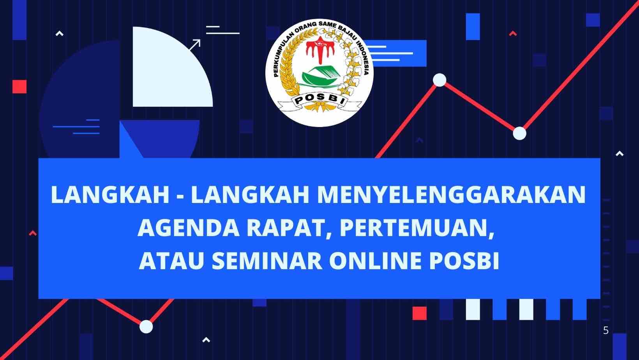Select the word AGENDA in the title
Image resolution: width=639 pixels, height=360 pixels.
(x=189, y=228)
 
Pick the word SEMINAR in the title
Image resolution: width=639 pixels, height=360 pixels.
(x=267, y=261)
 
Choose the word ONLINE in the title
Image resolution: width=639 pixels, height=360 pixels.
(x=376, y=261)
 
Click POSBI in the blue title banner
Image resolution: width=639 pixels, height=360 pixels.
(x=464, y=261)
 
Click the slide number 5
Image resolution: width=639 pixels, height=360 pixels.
(x=606, y=331)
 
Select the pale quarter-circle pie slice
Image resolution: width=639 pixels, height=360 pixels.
(x=168, y=71)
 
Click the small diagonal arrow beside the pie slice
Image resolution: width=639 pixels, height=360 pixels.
(x=195, y=45)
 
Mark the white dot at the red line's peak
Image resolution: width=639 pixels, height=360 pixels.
(x=440, y=80)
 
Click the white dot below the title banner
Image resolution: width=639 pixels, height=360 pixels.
(x=146, y=326)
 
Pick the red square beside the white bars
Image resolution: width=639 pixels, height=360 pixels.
(x=420, y=313)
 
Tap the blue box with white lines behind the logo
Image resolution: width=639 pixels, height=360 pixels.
(x=397, y=53)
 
